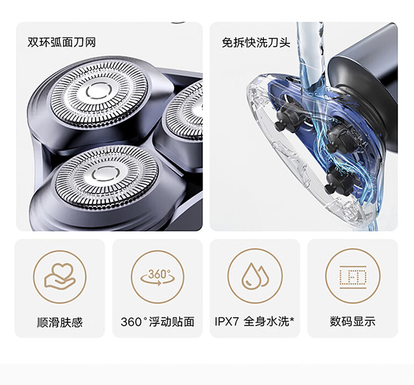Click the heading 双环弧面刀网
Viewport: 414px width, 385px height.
pos(61,43)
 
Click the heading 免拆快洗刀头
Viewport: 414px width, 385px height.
pos(256,43)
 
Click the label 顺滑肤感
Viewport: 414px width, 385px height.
pos(60,322)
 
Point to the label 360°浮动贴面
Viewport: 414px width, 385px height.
pos(157,322)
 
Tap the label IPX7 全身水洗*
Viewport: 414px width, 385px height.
pos(254,322)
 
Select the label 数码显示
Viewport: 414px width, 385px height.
pos(352,322)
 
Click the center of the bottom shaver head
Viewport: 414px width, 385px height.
pos(99,175)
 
